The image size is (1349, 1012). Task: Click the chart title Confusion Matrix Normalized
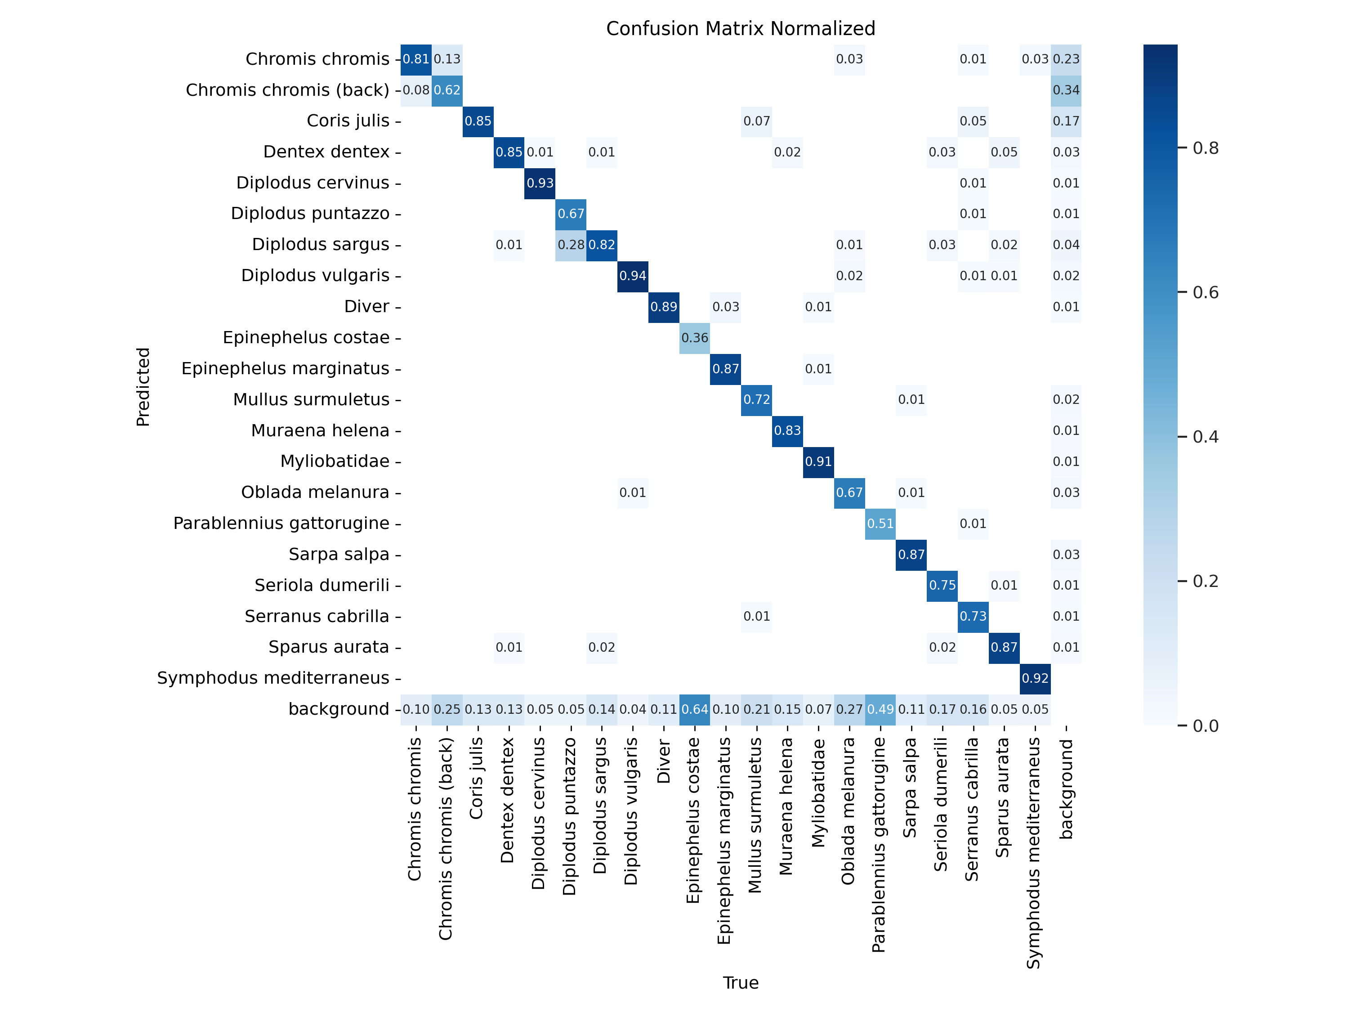tap(740, 29)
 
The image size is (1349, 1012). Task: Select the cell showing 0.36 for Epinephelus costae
tap(695, 338)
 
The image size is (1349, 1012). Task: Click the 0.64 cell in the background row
tap(695, 709)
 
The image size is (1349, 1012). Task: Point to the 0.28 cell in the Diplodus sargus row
tap(571, 245)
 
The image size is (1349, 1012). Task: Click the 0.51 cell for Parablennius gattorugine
tap(880, 524)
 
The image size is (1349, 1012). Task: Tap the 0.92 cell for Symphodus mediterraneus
tap(1035, 678)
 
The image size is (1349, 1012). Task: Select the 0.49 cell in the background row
tap(880, 709)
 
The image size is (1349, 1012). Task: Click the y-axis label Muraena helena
tap(320, 431)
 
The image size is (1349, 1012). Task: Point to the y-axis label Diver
tap(366, 307)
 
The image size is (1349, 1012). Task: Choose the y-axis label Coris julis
tap(348, 121)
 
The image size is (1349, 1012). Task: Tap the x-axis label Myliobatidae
tap(818, 793)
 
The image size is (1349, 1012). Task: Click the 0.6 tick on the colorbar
tap(1205, 293)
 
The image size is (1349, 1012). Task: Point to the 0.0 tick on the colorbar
tap(1205, 726)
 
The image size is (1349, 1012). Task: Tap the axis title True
tap(740, 983)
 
